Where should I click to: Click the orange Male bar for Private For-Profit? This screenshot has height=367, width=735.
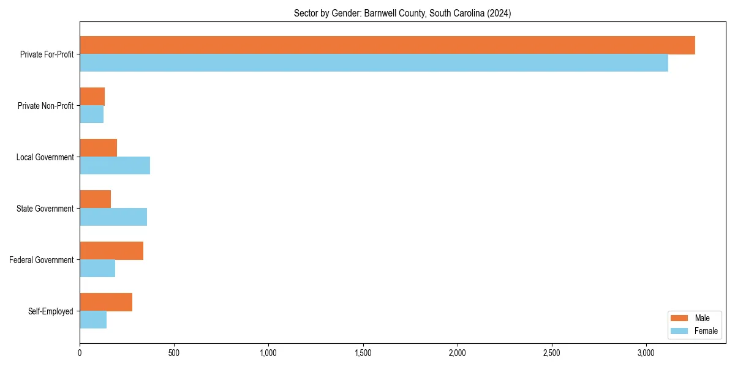pos(387,45)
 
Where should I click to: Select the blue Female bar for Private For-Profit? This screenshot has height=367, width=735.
pos(374,63)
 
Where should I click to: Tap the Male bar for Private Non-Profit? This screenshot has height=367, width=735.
pos(92,97)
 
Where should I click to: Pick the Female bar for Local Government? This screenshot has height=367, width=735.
pos(115,166)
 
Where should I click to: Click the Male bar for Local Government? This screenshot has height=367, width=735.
pos(98,148)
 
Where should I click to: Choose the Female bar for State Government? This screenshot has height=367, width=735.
pos(113,217)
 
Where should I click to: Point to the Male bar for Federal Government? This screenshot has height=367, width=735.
pos(111,251)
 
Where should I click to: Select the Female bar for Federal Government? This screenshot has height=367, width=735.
pos(97,269)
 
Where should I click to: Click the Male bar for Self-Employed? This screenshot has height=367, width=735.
pos(106,302)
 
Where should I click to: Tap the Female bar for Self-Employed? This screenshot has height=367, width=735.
pos(93,320)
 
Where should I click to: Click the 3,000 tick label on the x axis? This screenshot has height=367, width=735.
pos(646,353)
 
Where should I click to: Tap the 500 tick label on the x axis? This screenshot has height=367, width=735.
pos(174,353)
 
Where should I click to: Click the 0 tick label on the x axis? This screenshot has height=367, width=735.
pos(80,353)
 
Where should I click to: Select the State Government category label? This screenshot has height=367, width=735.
pos(45,209)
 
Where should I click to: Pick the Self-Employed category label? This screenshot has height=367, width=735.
pos(51,311)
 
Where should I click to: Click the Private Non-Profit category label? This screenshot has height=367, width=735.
pos(45,106)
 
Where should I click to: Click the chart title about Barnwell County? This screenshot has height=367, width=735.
pos(402,13)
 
